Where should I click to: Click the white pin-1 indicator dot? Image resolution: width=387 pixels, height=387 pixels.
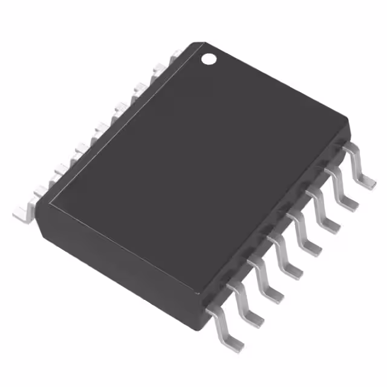click(x=209, y=59)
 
